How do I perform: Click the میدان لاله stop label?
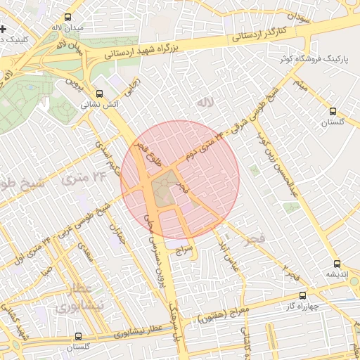tap(67, 27)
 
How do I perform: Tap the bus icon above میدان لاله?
tap(67, 17)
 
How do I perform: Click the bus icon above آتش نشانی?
tap(99, 93)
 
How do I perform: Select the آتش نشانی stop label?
tap(99, 103)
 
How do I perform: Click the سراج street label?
tap(184, 249)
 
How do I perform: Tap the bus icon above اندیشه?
tap(338, 264)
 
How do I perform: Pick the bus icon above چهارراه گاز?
tap(303, 296)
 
